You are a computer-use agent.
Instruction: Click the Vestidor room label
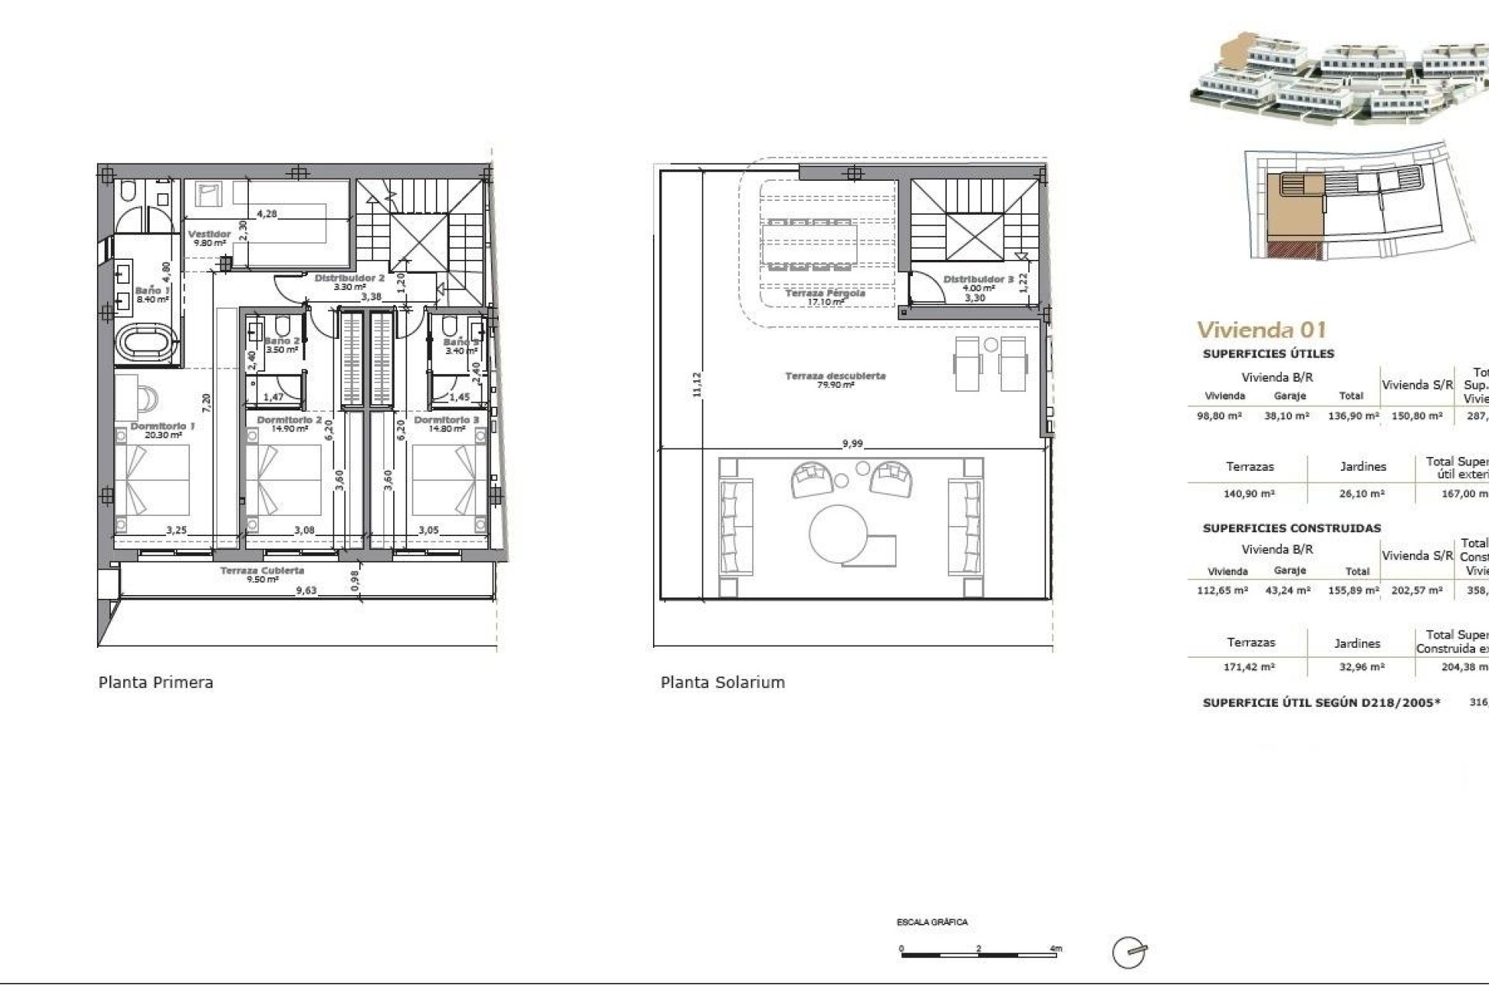click(x=209, y=234)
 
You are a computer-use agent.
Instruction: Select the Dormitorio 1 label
click(x=162, y=426)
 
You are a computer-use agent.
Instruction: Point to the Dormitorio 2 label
click(x=288, y=420)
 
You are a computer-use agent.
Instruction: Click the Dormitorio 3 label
click(x=446, y=420)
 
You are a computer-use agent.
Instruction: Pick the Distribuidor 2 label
click(x=349, y=278)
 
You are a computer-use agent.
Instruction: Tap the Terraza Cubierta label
click(x=262, y=570)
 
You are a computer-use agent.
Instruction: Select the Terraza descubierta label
click(x=835, y=375)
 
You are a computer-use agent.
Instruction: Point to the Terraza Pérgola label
click(x=824, y=293)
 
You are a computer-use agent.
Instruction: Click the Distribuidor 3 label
click(x=978, y=279)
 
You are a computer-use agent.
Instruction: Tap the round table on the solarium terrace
click(x=841, y=535)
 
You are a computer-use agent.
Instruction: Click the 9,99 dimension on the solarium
click(x=852, y=444)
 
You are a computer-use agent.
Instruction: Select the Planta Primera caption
click(x=156, y=683)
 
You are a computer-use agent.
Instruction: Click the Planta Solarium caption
click(x=722, y=683)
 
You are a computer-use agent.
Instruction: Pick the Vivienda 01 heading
click(x=1261, y=330)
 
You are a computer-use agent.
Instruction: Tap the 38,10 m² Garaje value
click(x=1289, y=416)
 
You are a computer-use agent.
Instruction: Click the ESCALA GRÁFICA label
click(x=931, y=922)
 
